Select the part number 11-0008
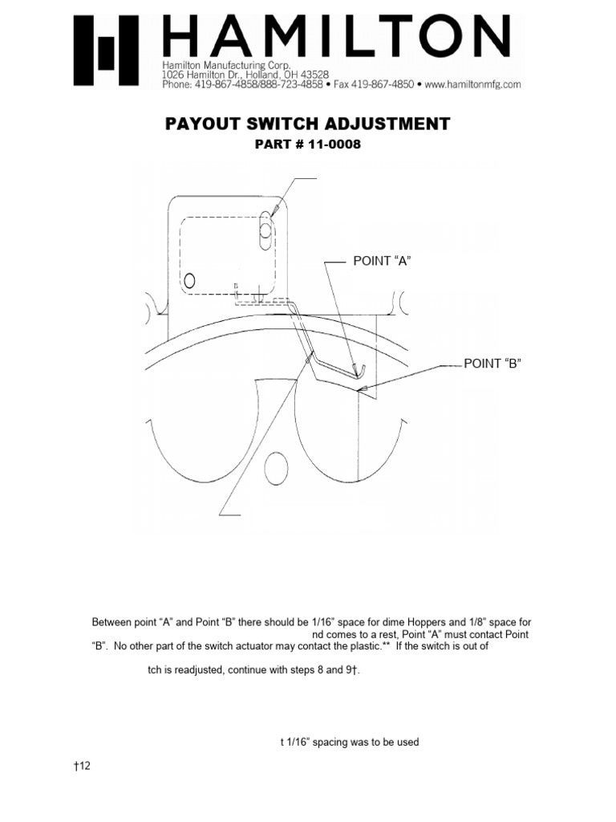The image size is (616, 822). pos(319,146)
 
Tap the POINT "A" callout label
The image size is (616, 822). pos(382,261)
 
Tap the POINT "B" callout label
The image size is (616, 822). pos(492,364)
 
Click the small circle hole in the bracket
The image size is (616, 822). pos(190,280)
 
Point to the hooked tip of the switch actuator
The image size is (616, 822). pos(361,370)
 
